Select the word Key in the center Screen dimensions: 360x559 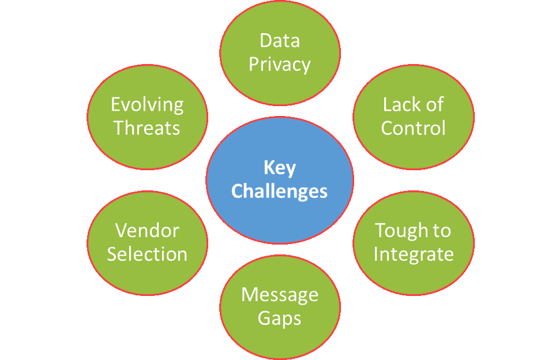(280, 168)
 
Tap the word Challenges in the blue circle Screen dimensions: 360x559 (280, 191)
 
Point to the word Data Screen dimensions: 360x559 (280, 41)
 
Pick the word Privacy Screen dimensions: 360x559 (280, 64)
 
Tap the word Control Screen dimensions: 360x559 (413, 127)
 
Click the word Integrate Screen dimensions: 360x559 (413, 254)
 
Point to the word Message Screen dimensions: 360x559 (280, 295)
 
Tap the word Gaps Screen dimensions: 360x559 (280, 318)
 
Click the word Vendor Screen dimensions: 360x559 (147, 230)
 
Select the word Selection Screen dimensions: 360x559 (147, 254)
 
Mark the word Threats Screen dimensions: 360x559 (147, 127)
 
